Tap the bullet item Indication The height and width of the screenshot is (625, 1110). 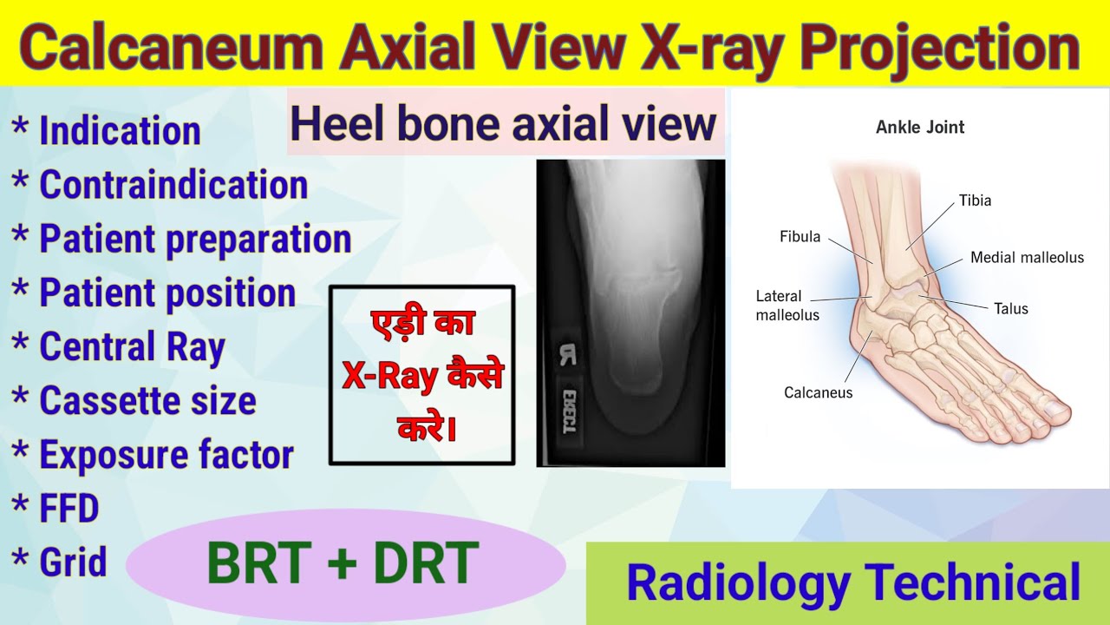pyautogui.click(x=120, y=131)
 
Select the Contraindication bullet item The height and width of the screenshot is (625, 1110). pyautogui.click(x=173, y=185)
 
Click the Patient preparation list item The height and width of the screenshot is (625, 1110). pyautogui.click(x=195, y=240)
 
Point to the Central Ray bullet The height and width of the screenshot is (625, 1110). pyautogui.click(x=132, y=347)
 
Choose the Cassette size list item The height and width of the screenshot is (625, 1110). pyautogui.click(x=147, y=401)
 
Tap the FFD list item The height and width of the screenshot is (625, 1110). pyautogui.click(x=69, y=509)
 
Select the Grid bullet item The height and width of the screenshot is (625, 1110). pyautogui.click(x=73, y=562)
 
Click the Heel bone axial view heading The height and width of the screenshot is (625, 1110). pyautogui.click(x=504, y=123)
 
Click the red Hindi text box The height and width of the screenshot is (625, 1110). pyautogui.click(x=422, y=375)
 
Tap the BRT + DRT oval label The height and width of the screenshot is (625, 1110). pyautogui.click(x=343, y=563)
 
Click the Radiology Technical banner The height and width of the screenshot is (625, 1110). pyautogui.click(x=853, y=582)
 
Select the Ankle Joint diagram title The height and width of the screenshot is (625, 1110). pyautogui.click(x=920, y=128)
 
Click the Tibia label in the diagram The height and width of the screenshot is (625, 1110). pyautogui.click(x=975, y=201)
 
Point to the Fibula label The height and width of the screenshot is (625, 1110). pyautogui.click(x=800, y=237)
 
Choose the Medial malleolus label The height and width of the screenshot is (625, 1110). pyautogui.click(x=1027, y=258)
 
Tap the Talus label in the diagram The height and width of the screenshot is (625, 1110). pyautogui.click(x=1011, y=308)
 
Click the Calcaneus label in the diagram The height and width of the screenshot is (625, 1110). pyautogui.click(x=818, y=393)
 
